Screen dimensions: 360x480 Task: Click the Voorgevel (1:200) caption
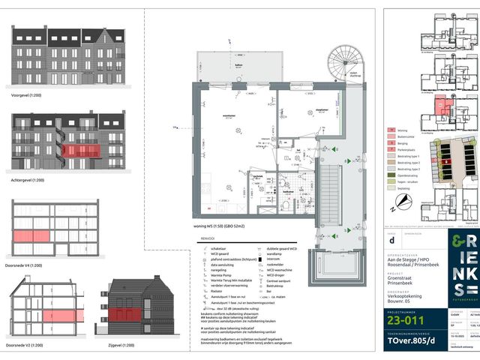click(27, 96)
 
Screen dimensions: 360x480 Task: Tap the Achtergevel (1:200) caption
click(29, 181)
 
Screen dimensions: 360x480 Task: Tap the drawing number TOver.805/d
click(420, 338)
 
